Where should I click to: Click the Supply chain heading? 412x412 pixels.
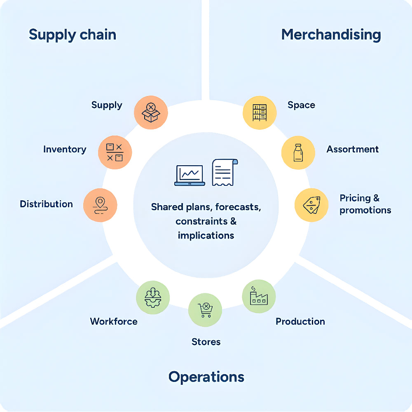pyautogui.click(x=73, y=35)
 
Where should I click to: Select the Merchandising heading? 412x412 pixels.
pyautogui.click(x=331, y=35)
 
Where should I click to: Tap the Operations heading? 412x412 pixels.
pyautogui.click(x=206, y=377)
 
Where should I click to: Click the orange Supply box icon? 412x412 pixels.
pyautogui.click(x=151, y=112)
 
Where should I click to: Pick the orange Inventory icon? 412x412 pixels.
pyautogui.click(x=115, y=152)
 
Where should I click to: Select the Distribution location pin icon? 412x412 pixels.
pyautogui.click(x=100, y=205)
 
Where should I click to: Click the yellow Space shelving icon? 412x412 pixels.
pyautogui.click(x=259, y=112)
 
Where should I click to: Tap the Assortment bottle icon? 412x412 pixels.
pyautogui.click(x=298, y=152)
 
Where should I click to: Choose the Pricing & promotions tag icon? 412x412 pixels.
pyautogui.click(x=311, y=205)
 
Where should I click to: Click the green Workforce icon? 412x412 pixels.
pyautogui.click(x=152, y=297)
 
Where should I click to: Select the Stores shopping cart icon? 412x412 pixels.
pyautogui.click(x=205, y=310)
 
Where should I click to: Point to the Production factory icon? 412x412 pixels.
pyautogui.click(x=258, y=297)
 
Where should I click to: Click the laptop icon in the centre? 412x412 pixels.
pyautogui.click(x=190, y=176)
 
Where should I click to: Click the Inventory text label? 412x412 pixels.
pyautogui.click(x=65, y=149)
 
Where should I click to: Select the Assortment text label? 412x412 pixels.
pyautogui.click(x=352, y=149)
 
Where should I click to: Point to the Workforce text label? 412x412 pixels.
pyautogui.click(x=114, y=321)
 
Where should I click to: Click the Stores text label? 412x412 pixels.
pyautogui.click(x=206, y=342)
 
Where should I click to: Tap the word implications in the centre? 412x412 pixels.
pyautogui.click(x=206, y=235)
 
